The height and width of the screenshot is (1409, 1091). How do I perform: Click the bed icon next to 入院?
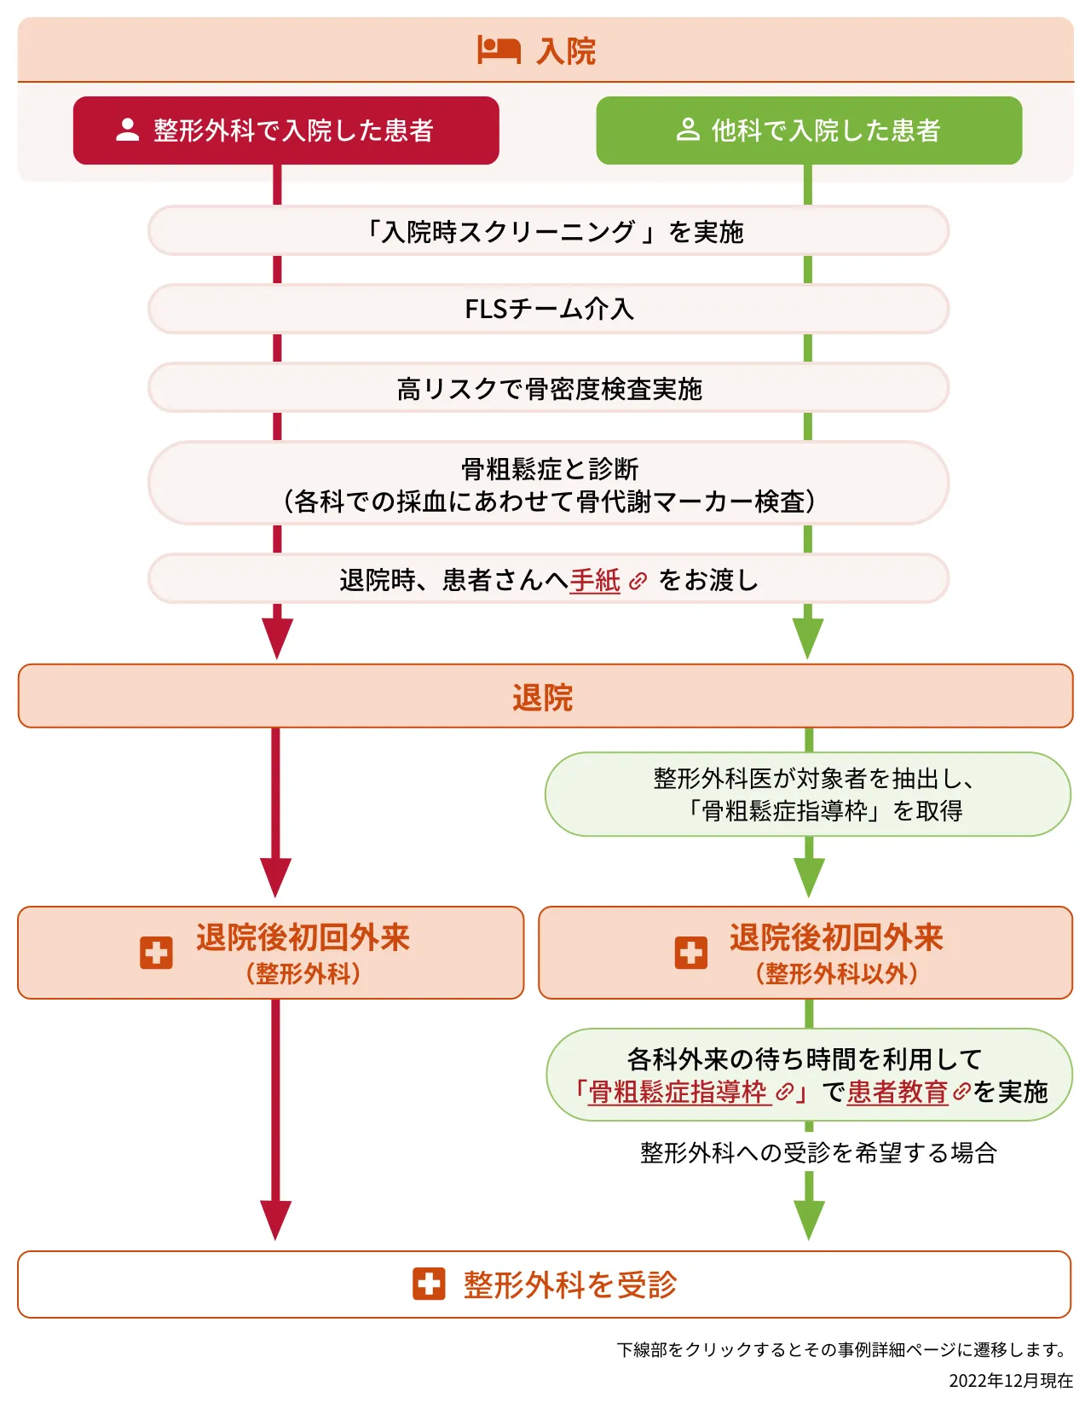coord(499,50)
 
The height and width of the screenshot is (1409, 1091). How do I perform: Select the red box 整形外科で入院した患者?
coord(286,130)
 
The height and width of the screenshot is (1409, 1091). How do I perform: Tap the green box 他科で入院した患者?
coord(809,130)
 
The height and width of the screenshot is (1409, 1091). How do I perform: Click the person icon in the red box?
coord(128,130)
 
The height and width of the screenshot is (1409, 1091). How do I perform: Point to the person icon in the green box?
coord(687,130)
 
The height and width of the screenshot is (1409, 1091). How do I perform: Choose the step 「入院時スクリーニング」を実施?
coord(549,231)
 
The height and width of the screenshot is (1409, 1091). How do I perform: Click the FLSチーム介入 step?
coord(549,309)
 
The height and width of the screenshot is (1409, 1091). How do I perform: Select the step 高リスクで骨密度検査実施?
coord(549,389)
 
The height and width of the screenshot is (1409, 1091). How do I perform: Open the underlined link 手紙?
coord(595,581)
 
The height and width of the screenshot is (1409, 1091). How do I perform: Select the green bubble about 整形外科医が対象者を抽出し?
coord(808,794)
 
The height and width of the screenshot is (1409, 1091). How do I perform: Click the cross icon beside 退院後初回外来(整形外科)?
coord(156,953)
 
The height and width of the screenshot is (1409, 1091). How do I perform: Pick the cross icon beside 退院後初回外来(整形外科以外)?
coord(691,953)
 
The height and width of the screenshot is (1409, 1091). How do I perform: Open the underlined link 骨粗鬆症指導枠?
coord(679,1093)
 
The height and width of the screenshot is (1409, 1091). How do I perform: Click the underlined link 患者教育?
coord(898,1093)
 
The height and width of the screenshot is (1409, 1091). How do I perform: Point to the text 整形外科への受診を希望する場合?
coord(818,1153)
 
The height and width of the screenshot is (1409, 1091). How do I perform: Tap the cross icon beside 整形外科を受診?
coord(429,1284)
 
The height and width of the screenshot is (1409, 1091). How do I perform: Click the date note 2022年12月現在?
coord(1011,1381)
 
